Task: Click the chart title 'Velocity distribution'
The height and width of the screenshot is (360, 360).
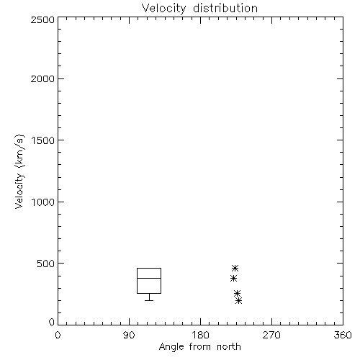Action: click(199, 9)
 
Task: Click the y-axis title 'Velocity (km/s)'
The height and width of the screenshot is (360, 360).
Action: click(19, 171)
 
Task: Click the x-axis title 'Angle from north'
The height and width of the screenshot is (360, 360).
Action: click(199, 347)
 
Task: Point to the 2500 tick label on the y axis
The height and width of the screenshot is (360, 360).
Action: click(42, 19)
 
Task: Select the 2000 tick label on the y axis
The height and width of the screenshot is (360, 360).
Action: click(42, 78)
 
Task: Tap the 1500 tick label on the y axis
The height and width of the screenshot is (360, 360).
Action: click(43, 140)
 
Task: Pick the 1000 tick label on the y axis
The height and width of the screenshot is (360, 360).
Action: click(43, 202)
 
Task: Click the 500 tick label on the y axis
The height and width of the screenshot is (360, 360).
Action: click(46, 264)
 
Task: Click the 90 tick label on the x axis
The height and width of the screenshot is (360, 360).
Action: click(129, 335)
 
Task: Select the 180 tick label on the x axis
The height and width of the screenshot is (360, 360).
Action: click(200, 335)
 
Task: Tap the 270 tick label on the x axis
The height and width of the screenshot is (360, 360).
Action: click(271, 335)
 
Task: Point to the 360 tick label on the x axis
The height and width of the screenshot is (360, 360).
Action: click(343, 335)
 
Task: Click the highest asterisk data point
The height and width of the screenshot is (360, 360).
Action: click(235, 268)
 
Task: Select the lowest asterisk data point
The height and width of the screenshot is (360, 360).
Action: click(238, 300)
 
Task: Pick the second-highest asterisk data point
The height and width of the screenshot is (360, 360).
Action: click(233, 279)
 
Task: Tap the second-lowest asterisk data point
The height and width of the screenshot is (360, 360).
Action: click(237, 293)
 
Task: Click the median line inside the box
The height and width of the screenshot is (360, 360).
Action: click(149, 278)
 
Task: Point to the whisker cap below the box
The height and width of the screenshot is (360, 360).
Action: click(149, 300)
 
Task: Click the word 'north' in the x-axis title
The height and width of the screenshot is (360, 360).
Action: click(229, 347)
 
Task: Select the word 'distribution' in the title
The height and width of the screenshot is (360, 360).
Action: click(225, 9)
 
